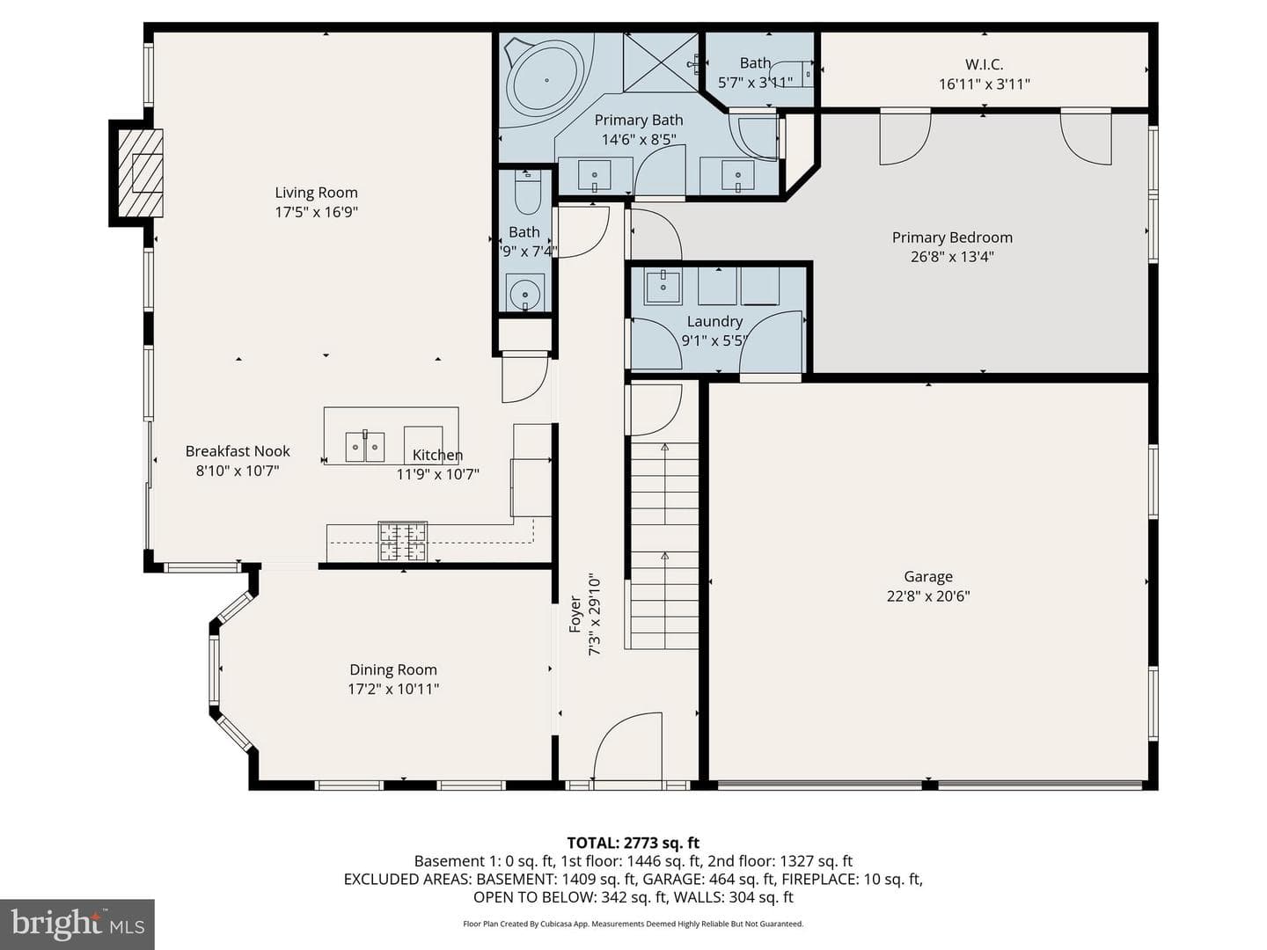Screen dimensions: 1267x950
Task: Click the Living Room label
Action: coord(316,192)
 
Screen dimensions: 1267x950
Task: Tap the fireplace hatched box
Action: coord(140,173)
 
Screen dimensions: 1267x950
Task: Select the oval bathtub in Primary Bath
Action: coord(546,81)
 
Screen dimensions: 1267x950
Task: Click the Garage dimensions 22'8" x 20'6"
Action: coord(928,596)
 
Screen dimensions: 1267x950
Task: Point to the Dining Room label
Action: coord(393,669)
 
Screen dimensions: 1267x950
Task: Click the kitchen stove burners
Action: coord(403,541)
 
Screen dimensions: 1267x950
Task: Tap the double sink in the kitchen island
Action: coord(365,447)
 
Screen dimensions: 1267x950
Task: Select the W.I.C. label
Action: coord(985,64)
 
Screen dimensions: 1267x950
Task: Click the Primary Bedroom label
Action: coord(952,237)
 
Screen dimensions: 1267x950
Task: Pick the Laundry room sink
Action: coord(663,286)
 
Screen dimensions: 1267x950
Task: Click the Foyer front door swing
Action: coord(627,748)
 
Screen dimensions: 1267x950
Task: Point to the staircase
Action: coord(664,545)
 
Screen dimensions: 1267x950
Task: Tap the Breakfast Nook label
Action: coord(238,451)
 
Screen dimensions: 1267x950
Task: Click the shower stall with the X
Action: coord(661,62)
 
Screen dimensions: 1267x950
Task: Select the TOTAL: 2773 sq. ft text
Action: coord(633,843)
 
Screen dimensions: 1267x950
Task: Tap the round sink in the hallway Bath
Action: coord(525,292)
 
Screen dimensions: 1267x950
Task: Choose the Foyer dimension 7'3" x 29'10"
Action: coord(595,614)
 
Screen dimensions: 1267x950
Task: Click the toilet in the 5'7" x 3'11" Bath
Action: coord(792,74)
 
